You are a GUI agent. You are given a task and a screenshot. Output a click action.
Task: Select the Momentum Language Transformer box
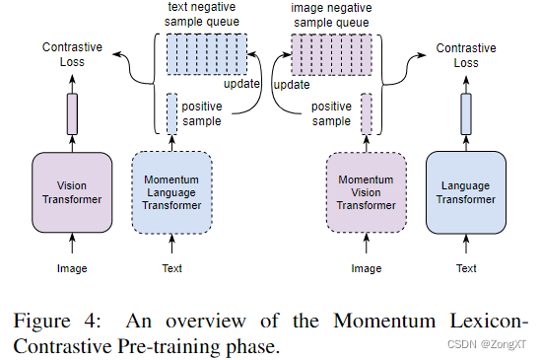click(171, 192)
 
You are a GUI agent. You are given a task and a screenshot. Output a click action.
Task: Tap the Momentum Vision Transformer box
click(367, 192)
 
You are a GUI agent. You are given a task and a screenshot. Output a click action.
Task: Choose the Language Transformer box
click(466, 192)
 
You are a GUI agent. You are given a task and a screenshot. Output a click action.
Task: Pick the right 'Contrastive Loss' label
click(465, 54)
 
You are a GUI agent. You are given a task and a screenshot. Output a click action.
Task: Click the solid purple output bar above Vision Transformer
click(71, 113)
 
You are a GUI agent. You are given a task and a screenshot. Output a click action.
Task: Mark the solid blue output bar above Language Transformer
click(466, 113)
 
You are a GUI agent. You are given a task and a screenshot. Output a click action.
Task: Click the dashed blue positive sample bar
click(171, 113)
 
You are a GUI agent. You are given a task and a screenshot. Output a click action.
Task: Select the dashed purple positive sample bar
click(367, 113)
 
